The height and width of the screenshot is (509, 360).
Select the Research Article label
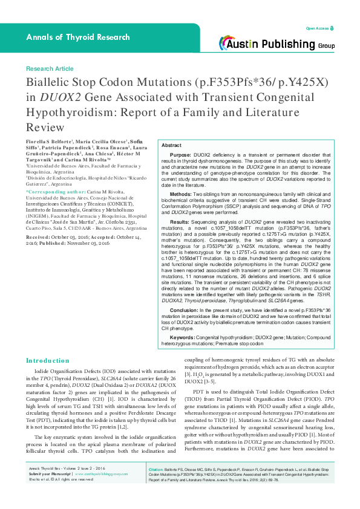tap(50, 69)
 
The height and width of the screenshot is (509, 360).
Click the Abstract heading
tap(172, 146)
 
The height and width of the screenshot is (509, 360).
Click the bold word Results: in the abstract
tap(181, 223)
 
